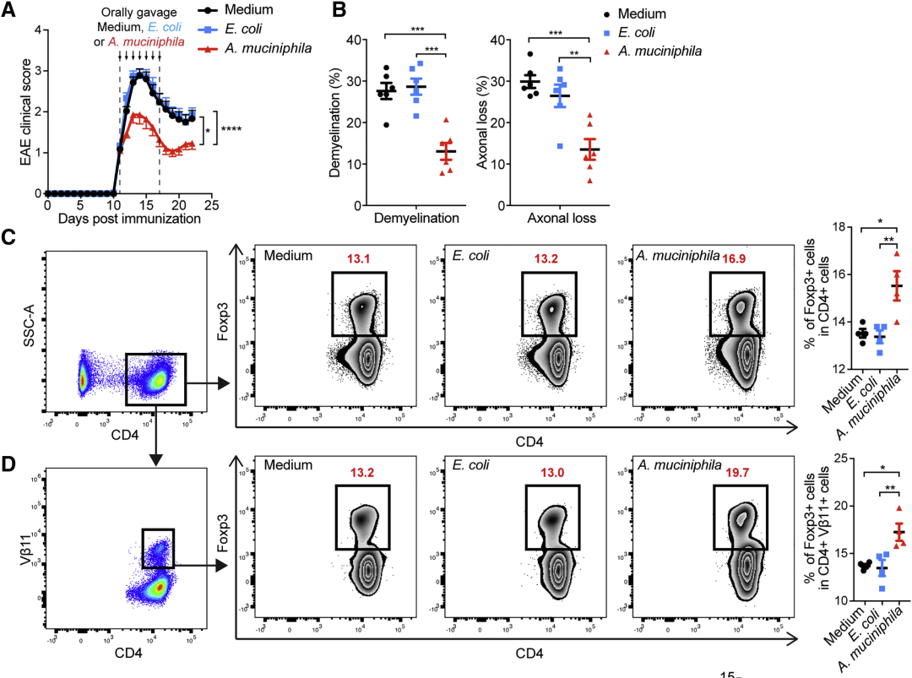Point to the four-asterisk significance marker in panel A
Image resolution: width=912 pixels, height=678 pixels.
(x=234, y=130)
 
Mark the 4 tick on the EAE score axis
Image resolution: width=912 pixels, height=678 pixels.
(x=37, y=30)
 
